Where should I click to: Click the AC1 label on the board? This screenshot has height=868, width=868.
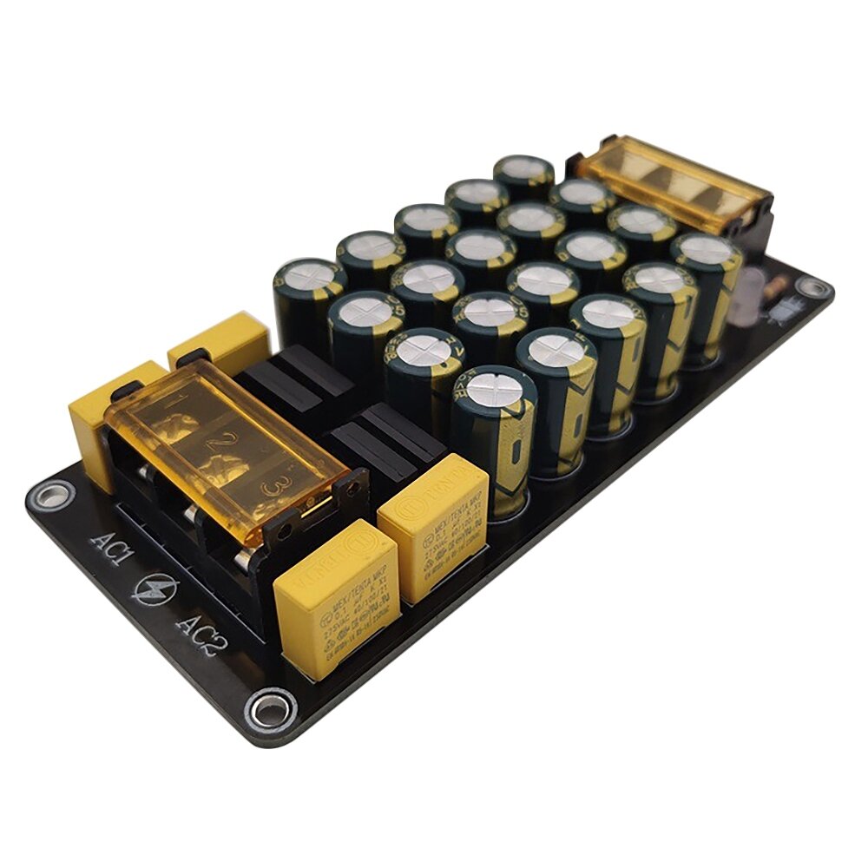click(111, 549)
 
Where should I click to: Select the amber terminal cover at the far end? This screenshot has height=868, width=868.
click(673, 182)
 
